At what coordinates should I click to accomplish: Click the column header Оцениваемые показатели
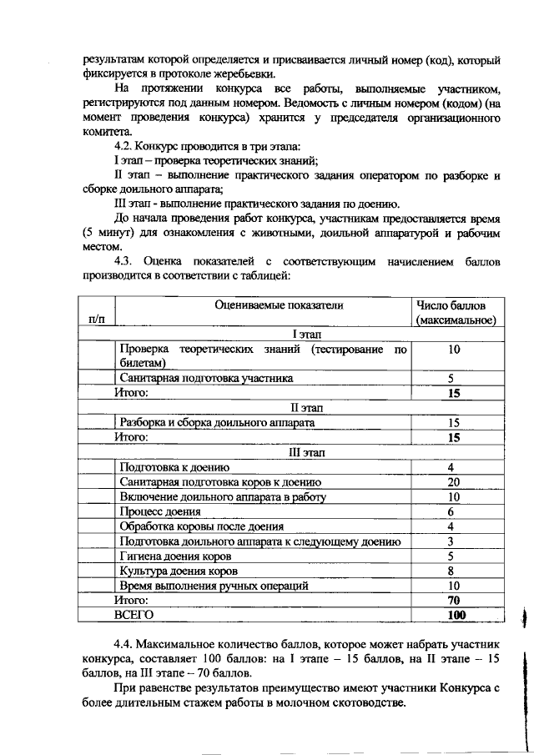tap(266, 305)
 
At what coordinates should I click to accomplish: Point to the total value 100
tap(455, 615)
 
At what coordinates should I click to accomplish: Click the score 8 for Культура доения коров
tap(451, 571)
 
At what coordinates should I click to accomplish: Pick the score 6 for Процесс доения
tap(451, 511)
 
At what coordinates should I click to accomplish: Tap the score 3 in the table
tap(451, 541)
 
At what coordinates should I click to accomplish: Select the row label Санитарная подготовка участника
tap(206, 378)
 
